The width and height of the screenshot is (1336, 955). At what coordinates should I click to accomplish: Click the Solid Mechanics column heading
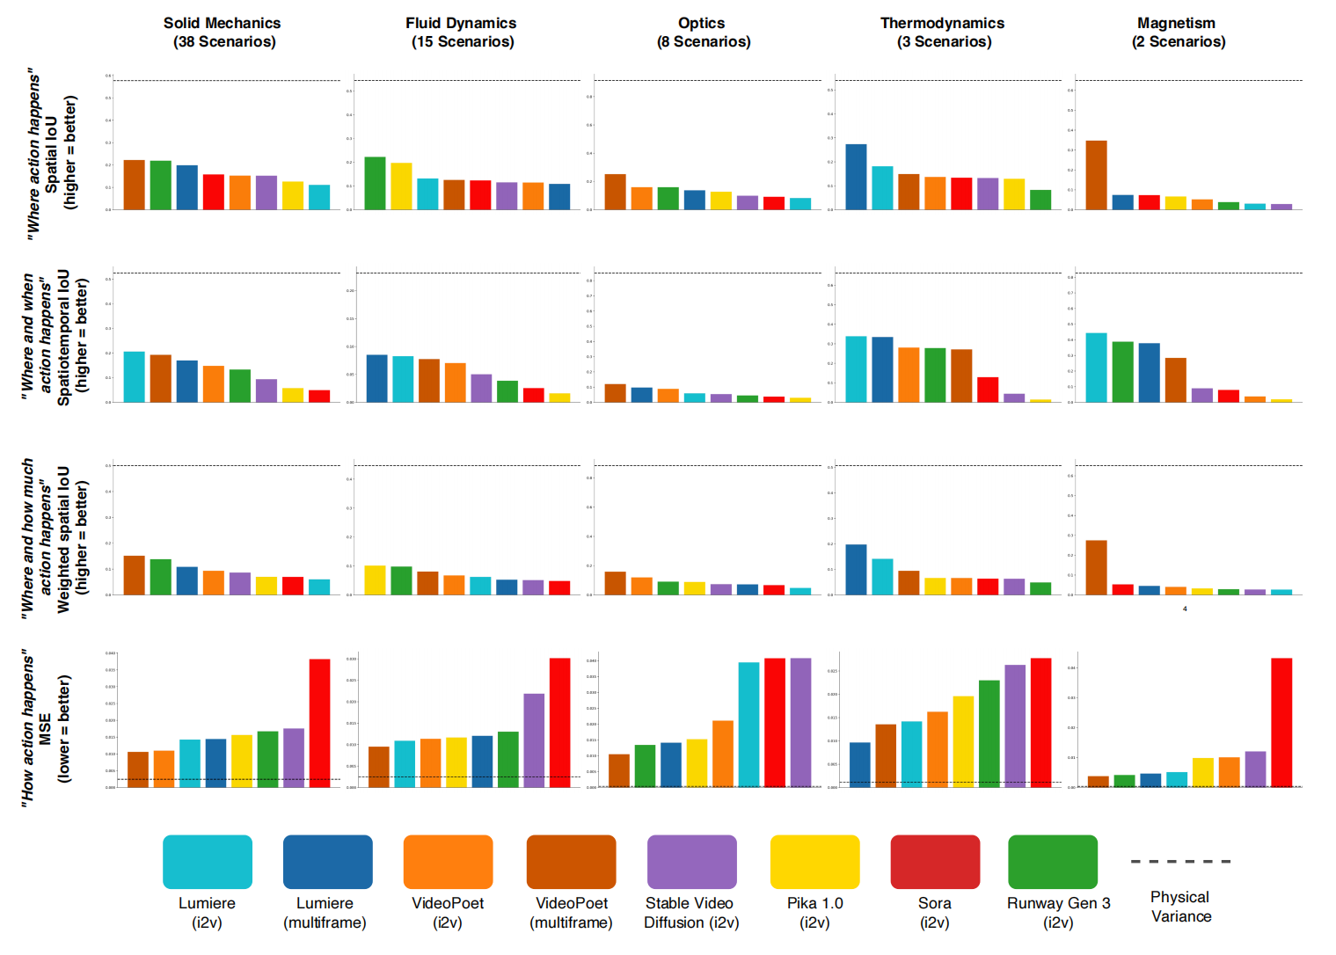point(223,33)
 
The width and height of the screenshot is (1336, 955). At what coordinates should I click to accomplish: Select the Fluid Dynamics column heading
point(462,33)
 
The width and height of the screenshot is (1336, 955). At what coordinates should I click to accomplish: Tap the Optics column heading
point(703,33)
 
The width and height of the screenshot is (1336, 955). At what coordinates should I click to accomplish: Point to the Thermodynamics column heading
point(943,33)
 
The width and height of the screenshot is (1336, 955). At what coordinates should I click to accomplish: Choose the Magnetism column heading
point(1177,33)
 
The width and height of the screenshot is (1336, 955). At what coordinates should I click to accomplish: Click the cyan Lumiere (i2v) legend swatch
point(208,862)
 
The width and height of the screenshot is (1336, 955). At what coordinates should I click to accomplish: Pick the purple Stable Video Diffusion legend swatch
point(691,862)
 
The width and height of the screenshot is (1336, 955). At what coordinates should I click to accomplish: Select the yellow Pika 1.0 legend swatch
point(814,862)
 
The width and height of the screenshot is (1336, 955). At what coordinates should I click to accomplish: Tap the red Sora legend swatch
point(935,862)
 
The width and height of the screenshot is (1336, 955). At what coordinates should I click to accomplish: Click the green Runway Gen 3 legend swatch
point(1052,862)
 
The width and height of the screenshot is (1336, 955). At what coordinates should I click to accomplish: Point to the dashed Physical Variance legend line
point(1180,862)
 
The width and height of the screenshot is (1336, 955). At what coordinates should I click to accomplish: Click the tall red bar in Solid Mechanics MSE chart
point(319,723)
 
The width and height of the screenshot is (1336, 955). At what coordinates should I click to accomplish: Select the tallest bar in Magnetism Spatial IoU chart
point(1096,175)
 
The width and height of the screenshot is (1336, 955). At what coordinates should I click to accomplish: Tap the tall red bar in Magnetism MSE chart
point(1281,722)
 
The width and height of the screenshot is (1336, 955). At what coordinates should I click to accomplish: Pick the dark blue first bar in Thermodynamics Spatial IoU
point(856,177)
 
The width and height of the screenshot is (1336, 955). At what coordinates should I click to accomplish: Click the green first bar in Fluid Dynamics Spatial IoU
point(375,183)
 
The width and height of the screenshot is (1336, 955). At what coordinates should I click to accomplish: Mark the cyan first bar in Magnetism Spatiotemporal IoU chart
point(1096,368)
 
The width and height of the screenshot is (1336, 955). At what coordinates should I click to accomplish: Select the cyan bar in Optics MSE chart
point(748,725)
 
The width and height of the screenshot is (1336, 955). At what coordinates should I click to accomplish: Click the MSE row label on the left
point(45,727)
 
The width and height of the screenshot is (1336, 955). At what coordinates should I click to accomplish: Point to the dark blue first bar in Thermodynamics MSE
point(859,765)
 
